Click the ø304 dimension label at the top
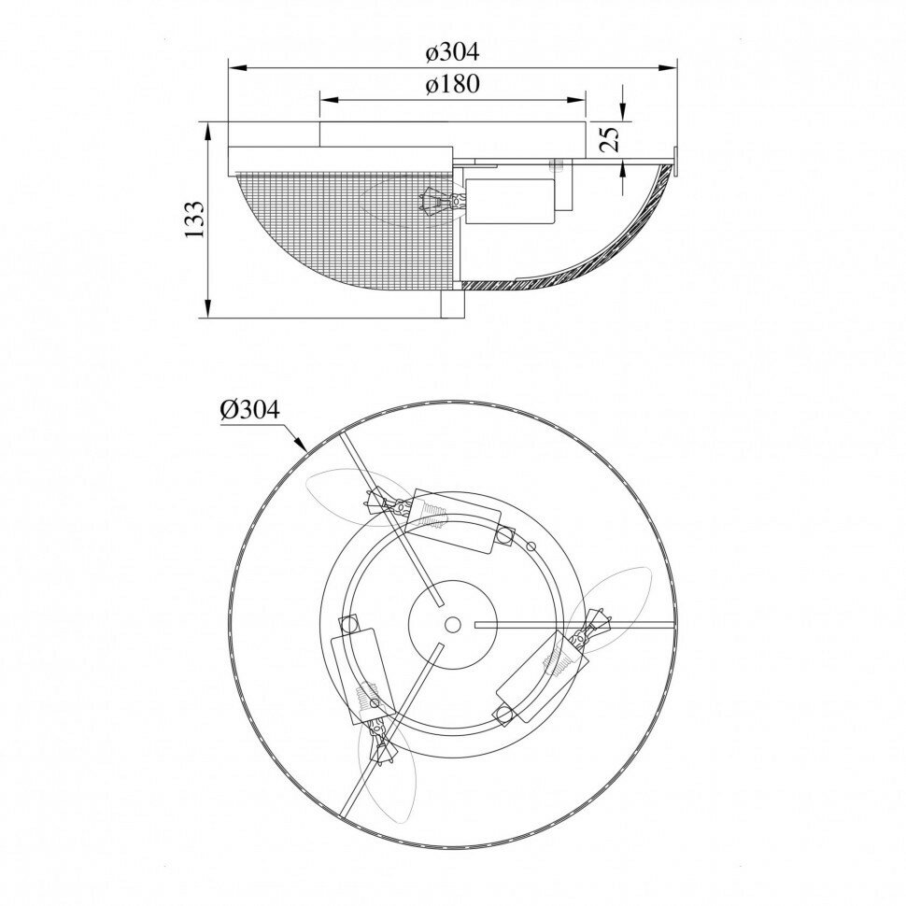tap(452, 52)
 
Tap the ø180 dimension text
tap(452, 84)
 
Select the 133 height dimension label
tap(194, 219)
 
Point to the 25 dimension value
tap(610, 137)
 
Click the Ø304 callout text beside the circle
tap(249, 410)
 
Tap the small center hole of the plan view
tap(452, 624)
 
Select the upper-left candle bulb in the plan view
tap(351, 498)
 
